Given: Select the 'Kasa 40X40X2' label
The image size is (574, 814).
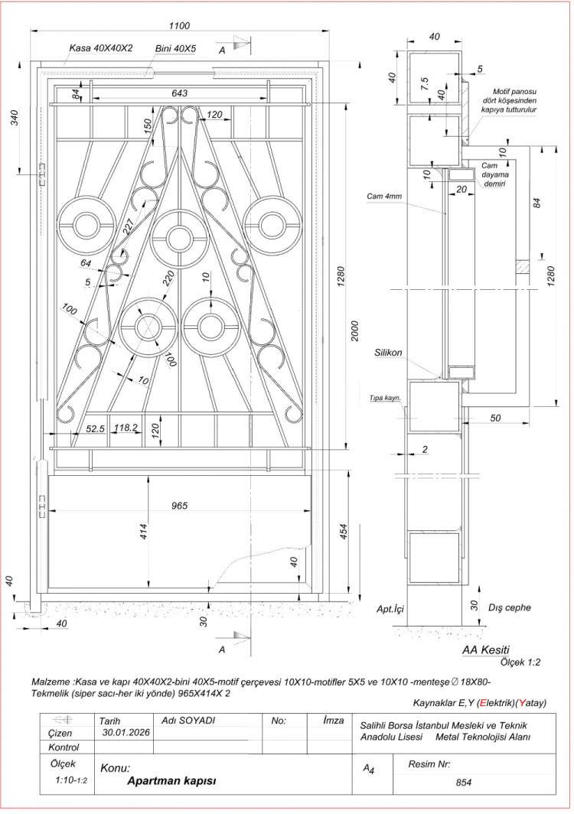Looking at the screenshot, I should coord(101,47).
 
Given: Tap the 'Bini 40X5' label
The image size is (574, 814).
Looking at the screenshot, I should coord(175,47).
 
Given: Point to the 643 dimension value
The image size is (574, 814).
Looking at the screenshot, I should coord(179,93).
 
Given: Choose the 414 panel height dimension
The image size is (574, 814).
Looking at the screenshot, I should coord(143,532).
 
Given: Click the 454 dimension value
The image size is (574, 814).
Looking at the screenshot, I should coord(344,532).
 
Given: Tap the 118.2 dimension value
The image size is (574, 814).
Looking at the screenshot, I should coord(125,428).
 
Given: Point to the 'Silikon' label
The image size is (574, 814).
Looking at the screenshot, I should coord(389,353).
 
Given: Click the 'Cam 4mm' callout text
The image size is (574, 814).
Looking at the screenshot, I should coord(385,197).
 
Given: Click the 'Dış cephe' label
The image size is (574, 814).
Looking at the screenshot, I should coord(509,607).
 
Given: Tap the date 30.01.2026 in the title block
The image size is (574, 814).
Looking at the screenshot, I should coord(126,732).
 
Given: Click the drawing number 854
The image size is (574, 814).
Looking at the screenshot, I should coord(462,783).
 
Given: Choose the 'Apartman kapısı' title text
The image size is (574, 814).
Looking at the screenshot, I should coord(172,781).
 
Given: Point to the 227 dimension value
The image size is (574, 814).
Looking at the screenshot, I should coord(128,225).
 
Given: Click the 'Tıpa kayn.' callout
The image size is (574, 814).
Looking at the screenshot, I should coord(385,398).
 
